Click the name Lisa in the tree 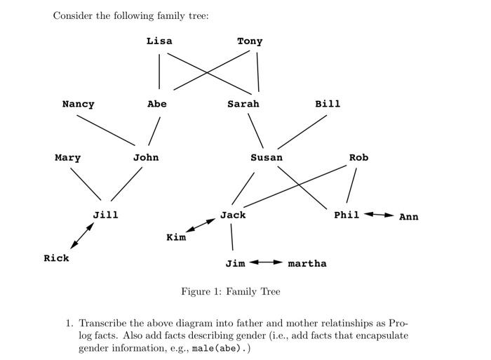[159, 41]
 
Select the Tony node [250, 41]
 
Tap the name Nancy [78, 104]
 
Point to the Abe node [157, 104]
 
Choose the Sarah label [243, 104]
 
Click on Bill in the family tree [328, 104]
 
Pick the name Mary [67, 158]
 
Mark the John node [146, 158]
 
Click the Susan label [267, 158]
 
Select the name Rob [358, 158]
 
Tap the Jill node [105, 215]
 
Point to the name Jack [233, 215]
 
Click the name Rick [56, 258]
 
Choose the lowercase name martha [307, 263]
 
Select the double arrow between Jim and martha [267, 262]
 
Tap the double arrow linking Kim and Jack [201, 226]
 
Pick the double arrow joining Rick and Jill [81, 235]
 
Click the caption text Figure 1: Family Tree [230, 291]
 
